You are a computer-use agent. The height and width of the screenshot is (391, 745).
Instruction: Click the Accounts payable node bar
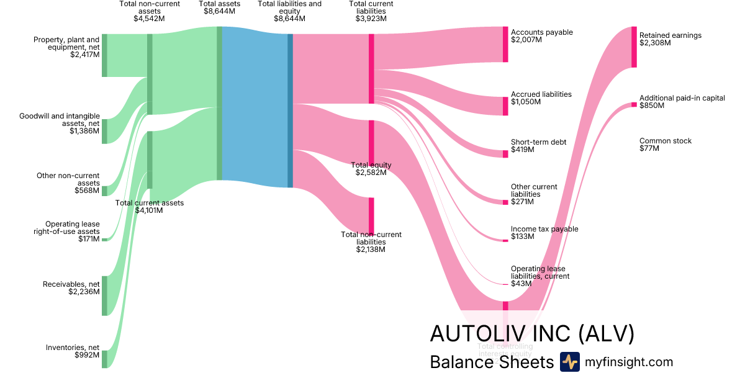coord(505,44)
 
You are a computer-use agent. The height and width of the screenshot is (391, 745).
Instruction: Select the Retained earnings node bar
coord(634,47)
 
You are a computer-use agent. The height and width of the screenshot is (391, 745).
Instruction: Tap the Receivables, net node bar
coord(104,295)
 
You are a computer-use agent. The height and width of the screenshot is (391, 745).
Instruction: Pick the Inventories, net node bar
coord(104,359)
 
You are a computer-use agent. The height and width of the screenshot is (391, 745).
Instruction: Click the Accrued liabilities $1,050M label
coord(541,98)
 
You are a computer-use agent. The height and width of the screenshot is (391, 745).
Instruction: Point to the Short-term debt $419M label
coord(538,146)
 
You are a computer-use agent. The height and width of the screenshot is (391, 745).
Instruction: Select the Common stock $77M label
coord(665,145)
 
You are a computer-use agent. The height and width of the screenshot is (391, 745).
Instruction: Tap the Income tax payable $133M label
coord(544,233)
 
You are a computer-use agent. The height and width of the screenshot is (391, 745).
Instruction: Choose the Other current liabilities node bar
coord(505,202)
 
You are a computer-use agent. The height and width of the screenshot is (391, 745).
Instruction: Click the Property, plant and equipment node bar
coord(104,55)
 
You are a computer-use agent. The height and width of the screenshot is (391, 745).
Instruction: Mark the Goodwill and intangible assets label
coord(60,123)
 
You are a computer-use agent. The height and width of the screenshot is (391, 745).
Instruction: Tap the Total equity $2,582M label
coord(371,169)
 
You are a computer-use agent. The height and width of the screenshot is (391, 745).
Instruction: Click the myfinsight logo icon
coord(569,362)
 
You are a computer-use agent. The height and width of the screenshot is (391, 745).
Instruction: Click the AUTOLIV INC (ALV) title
coord(532,333)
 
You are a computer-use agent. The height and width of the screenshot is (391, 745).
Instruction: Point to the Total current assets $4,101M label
coord(149,207)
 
